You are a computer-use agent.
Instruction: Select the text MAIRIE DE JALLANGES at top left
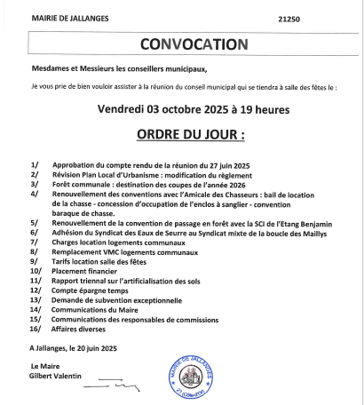click(x=67, y=17)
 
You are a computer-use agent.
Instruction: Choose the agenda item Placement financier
click(x=91, y=271)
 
